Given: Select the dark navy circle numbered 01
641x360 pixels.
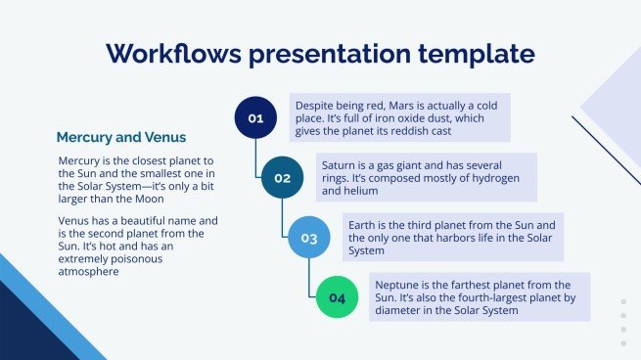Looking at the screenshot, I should (255, 118).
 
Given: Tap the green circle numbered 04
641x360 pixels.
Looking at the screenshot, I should (337, 297).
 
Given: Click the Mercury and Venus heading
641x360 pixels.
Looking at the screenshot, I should (121, 137).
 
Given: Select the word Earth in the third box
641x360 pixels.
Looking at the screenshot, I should (365, 223).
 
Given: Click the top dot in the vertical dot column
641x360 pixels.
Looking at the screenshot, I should (623, 302).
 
